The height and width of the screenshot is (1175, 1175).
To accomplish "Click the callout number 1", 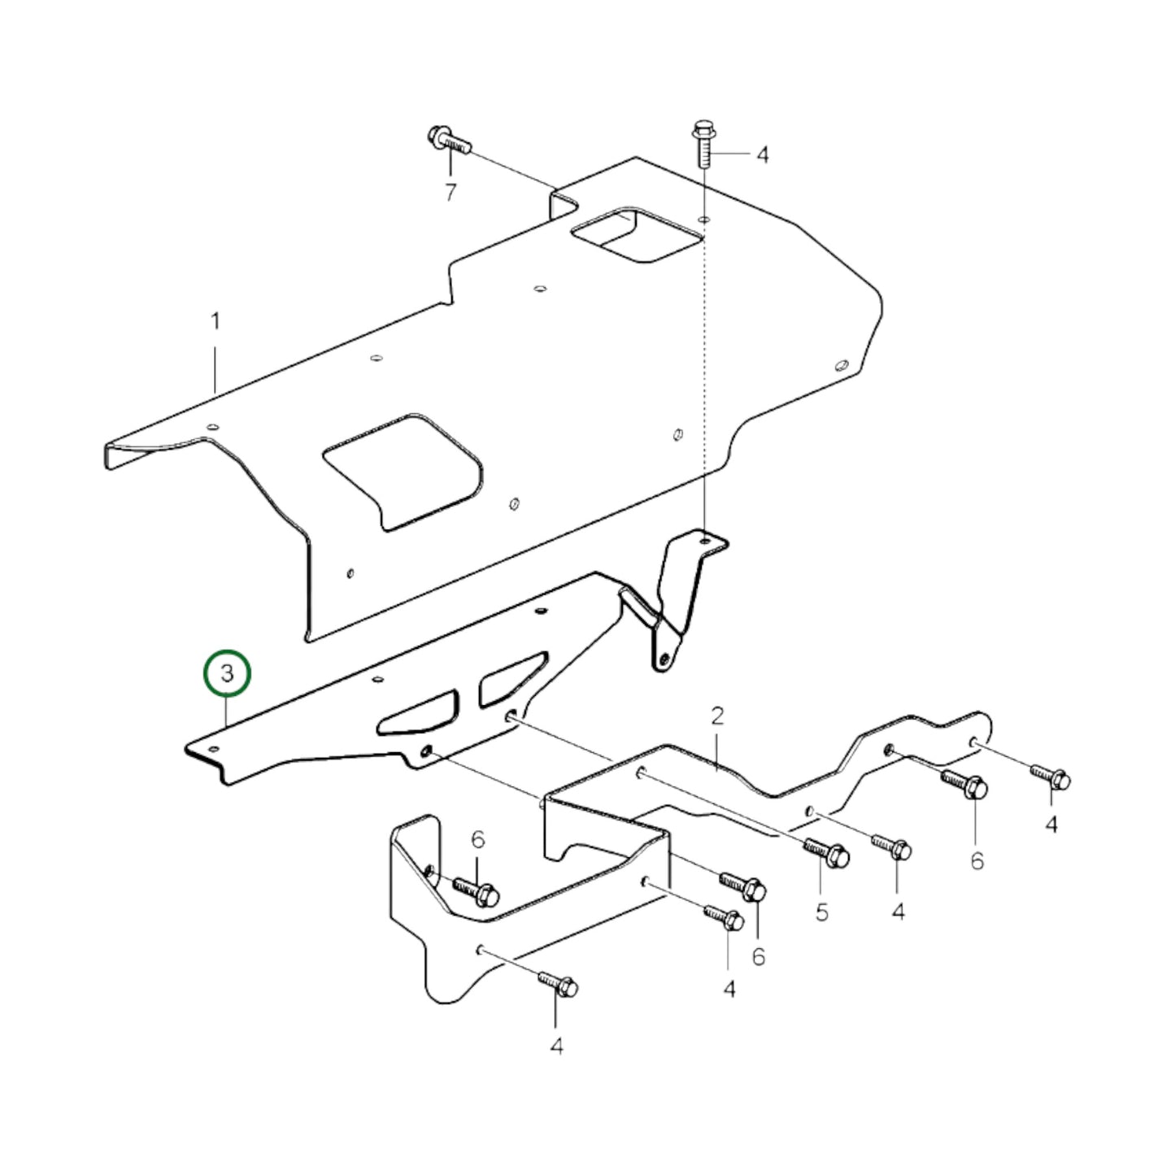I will [215, 322].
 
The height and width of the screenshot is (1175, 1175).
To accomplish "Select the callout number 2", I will [716, 716].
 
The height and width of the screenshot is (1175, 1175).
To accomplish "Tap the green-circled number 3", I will [228, 674].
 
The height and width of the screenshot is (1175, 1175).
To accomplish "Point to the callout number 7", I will [450, 193].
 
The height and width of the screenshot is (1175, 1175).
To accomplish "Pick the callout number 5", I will [821, 912].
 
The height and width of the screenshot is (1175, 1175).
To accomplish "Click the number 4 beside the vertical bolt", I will [762, 154].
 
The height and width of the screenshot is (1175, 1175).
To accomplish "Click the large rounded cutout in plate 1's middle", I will [403, 470].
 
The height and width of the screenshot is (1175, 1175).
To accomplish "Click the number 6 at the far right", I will [977, 860].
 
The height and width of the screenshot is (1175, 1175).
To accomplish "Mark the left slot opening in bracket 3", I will [418, 712].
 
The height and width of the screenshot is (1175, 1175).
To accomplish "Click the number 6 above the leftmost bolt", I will [477, 839].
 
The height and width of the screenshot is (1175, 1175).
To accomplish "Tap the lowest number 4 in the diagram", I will [556, 1047].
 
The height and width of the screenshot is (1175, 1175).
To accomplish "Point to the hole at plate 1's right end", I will [842, 364].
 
